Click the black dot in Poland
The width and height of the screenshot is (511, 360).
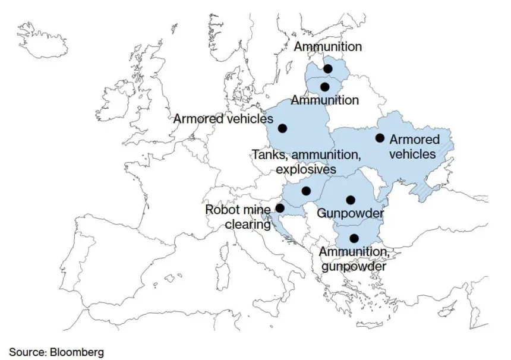(x=282, y=128)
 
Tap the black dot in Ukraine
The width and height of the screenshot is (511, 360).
(x=380, y=138)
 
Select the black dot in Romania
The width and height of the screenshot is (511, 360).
(x=351, y=200)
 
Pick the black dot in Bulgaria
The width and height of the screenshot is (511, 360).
(x=354, y=238)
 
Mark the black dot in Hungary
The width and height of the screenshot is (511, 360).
(x=306, y=191)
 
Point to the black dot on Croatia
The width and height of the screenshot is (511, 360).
(x=280, y=209)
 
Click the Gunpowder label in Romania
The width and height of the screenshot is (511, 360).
(x=350, y=213)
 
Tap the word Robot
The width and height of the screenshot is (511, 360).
(x=222, y=210)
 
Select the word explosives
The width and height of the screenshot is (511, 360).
(x=306, y=169)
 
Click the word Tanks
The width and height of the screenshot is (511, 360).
(x=268, y=155)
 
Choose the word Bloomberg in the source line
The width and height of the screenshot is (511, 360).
(x=78, y=352)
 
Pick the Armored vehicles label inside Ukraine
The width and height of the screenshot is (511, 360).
(x=414, y=147)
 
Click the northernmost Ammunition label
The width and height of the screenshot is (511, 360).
(x=327, y=46)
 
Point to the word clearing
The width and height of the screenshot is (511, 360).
(x=248, y=225)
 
